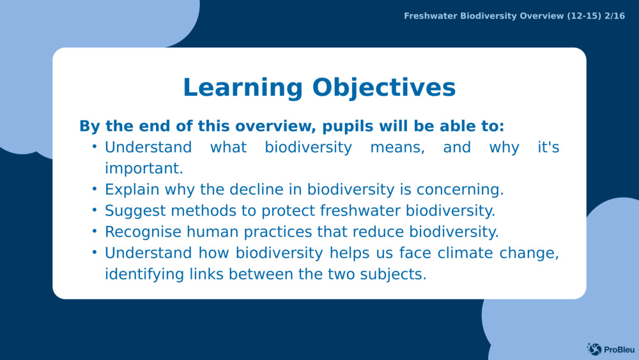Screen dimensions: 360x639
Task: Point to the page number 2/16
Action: (x=615, y=16)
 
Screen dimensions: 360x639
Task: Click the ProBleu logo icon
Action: (x=594, y=348)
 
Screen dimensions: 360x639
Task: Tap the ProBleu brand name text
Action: (x=617, y=349)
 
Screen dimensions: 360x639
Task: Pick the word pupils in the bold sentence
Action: (x=346, y=126)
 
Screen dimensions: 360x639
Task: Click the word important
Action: (x=144, y=168)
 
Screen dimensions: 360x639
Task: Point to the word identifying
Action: (x=144, y=274)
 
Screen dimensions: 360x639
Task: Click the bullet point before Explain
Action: (x=94, y=189)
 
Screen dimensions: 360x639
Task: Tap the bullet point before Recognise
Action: (x=94, y=231)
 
